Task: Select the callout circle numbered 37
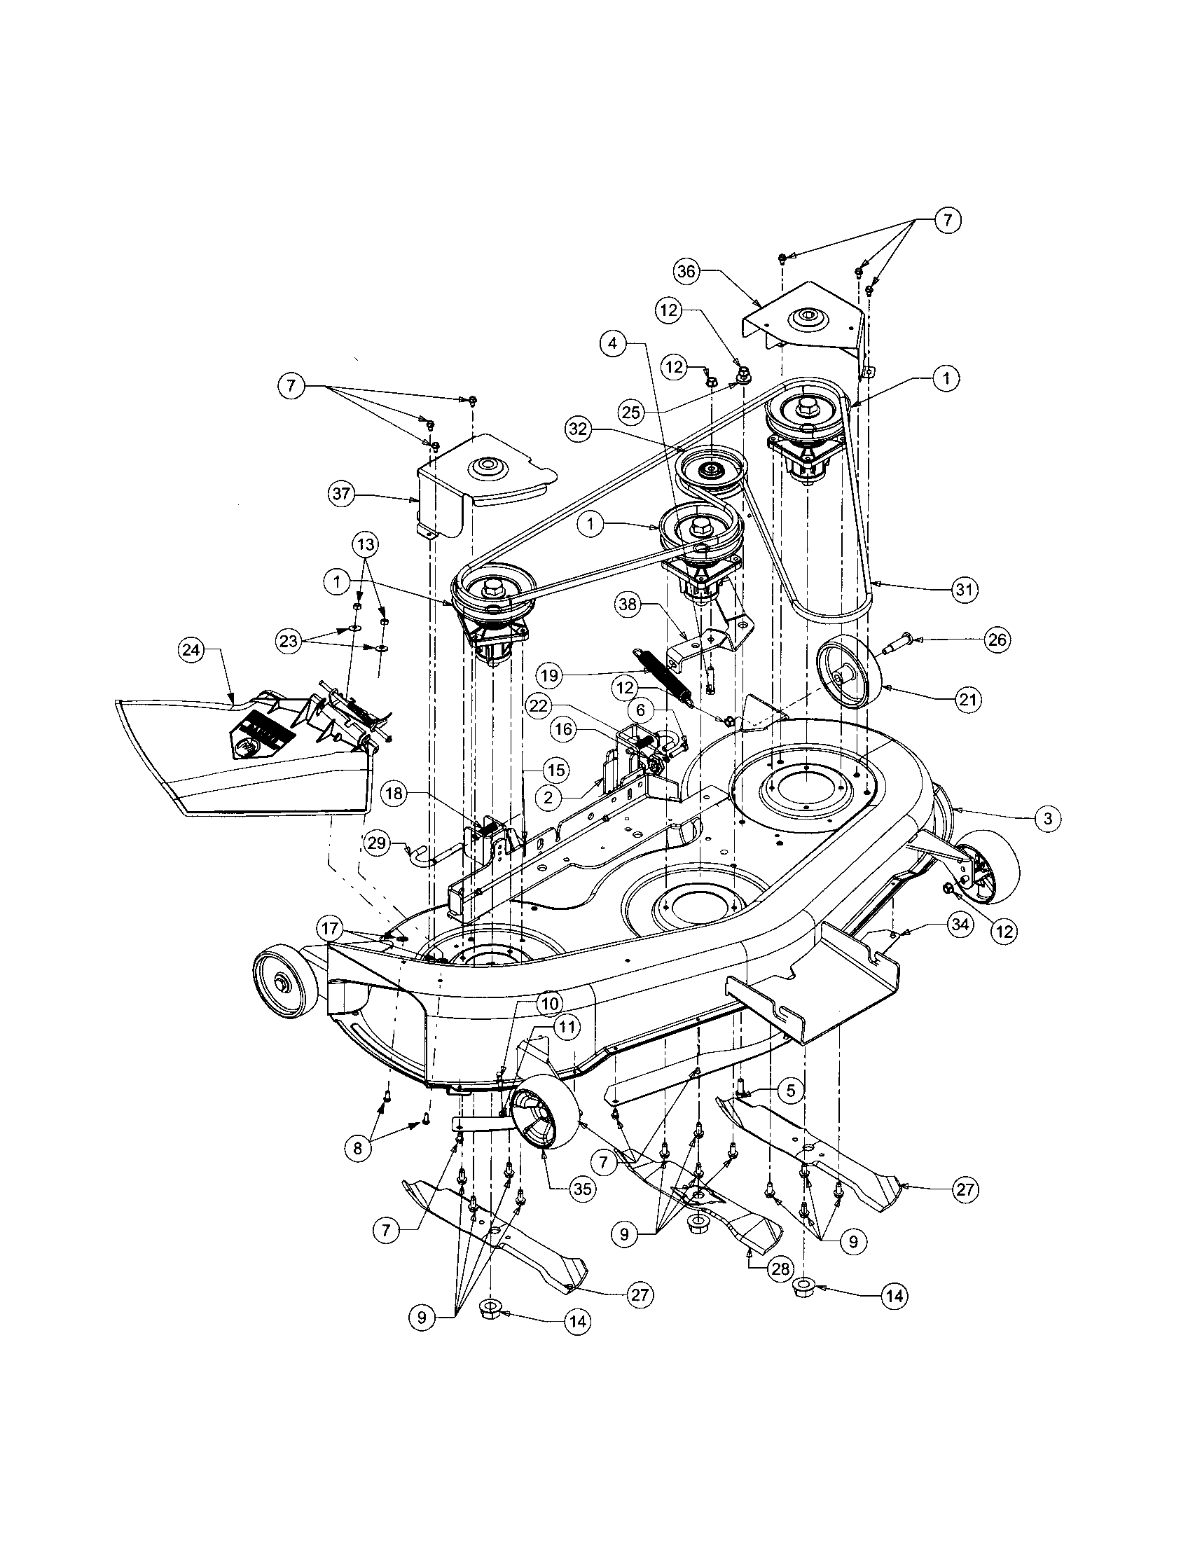point(342,494)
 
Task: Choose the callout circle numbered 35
point(581,1188)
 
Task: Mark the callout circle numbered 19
point(551,675)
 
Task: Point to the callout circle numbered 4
point(614,344)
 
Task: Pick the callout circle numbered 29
point(379,841)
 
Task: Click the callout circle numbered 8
point(359,1148)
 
